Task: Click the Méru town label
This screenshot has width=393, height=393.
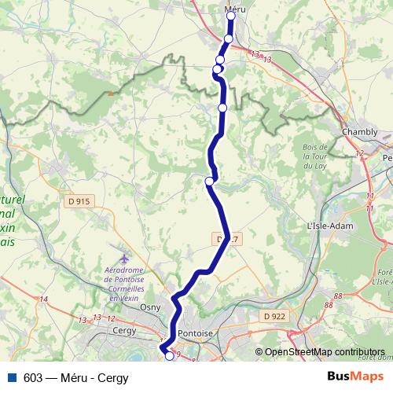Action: point(230,6)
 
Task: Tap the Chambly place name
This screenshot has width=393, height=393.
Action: point(359,132)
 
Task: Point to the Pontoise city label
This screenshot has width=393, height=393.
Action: point(196,333)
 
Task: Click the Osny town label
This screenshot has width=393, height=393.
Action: point(149,307)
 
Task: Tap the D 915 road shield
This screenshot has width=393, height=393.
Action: point(79,201)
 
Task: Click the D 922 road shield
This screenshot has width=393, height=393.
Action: point(274,316)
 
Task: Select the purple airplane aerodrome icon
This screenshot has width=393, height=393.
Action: point(124,258)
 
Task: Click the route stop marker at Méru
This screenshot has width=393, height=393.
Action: point(231,16)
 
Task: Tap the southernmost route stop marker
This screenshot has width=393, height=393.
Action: point(168,356)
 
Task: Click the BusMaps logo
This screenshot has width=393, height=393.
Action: point(355,376)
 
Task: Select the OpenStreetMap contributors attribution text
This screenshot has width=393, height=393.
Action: point(324,352)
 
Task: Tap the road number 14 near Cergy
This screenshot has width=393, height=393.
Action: point(42,299)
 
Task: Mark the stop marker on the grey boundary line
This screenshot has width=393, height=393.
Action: point(222,107)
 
